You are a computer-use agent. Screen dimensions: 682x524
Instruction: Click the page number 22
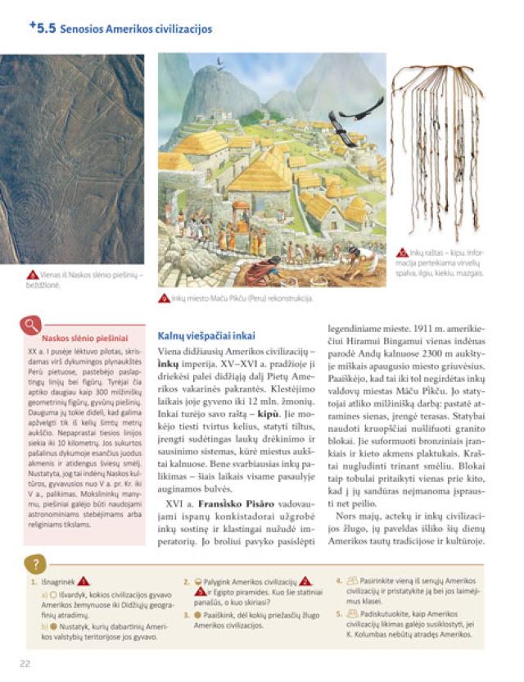tap(25, 663)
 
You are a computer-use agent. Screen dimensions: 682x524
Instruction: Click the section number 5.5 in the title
tap(42, 29)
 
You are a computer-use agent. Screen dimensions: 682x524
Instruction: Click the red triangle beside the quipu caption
tap(403, 252)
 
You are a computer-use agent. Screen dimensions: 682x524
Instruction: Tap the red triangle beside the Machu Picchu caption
tap(165, 298)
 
